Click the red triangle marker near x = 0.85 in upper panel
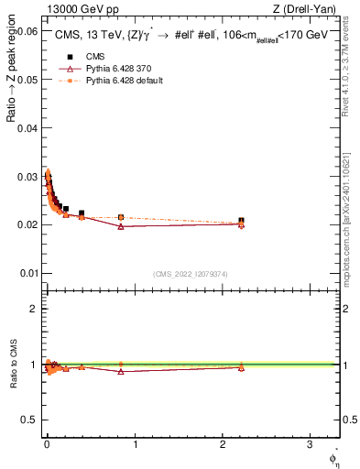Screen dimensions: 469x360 (121, 226)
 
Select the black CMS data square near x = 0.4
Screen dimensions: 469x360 (82, 213)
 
